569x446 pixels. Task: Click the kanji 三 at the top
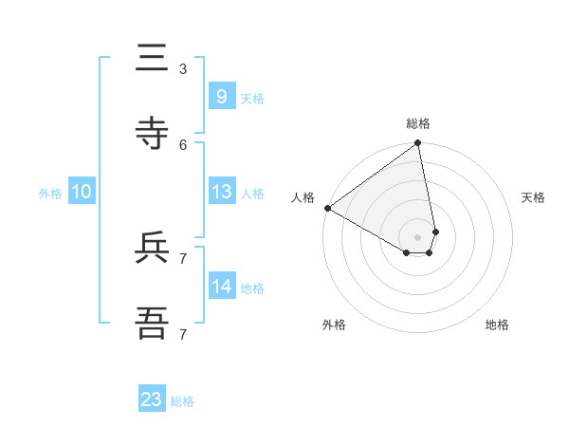[153, 59]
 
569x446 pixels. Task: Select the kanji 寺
[153, 134]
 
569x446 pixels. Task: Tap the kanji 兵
[153, 249]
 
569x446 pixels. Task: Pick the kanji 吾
[153, 324]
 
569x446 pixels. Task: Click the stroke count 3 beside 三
[183, 68]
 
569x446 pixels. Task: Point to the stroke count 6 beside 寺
[183, 144]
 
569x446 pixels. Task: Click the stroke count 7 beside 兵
[183, 258]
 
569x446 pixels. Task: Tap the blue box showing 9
[221, 97]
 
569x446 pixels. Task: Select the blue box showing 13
[221, 192]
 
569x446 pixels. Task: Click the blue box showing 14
[221, 287]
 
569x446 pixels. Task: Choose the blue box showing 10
[82, 192]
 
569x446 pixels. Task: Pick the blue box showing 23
[152, 400]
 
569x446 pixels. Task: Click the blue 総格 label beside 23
[182, 401]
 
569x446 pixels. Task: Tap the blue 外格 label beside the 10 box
[50, 194]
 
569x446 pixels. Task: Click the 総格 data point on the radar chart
[417, 144]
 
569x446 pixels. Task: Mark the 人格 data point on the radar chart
[327, 208]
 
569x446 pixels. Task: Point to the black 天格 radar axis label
[533, 197]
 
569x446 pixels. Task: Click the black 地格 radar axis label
[497, 325]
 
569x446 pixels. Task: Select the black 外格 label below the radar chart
[334, 325]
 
